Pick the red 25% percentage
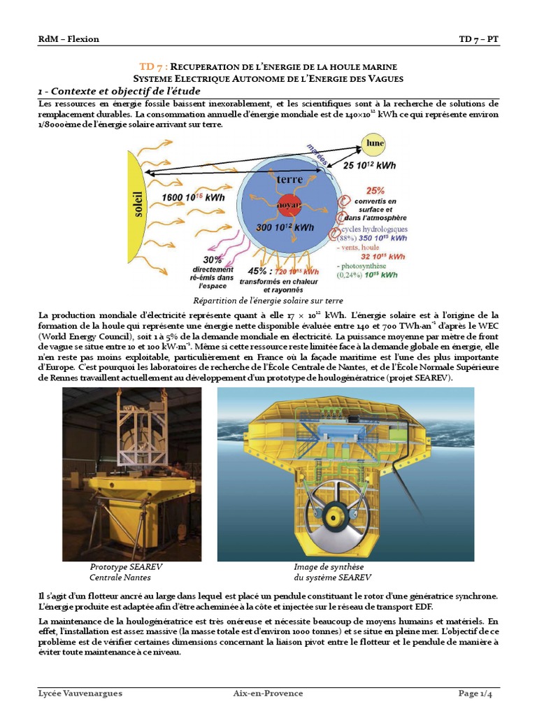click(x=375, y=190)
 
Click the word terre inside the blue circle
click(x=289, y=180)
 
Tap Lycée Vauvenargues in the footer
click(x=80, y=694)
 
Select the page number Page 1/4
click(x=480, y=694)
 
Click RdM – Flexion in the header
click(x=69, y=39)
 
